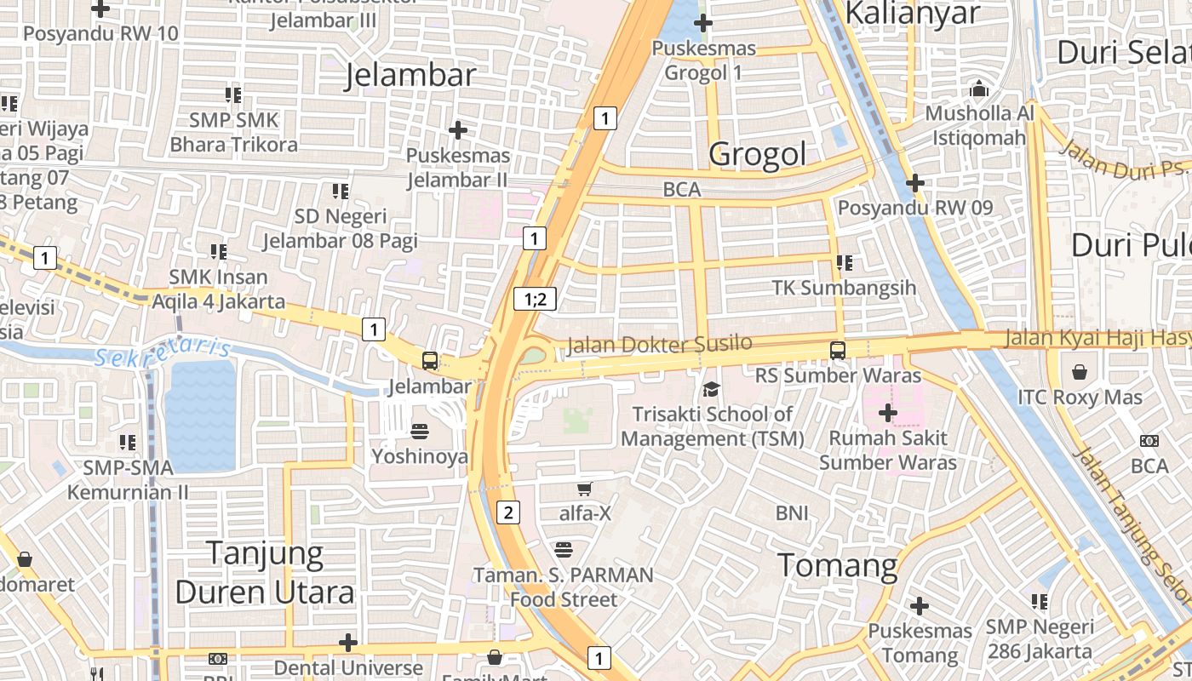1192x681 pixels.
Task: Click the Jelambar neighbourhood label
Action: (410, 75)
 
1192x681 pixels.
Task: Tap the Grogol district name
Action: (757, 154)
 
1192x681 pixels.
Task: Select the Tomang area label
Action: (838, 565)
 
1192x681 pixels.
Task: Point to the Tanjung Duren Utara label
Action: (265, 573)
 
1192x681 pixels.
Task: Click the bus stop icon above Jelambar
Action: (430, 360)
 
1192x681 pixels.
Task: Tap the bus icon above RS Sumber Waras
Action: (838, 350)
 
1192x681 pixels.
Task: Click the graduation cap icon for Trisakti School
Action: (710, 389)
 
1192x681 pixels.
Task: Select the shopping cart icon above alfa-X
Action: (584, 489)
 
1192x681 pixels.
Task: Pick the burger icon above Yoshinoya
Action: (420, 431)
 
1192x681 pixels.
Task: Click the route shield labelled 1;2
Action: (535, 299)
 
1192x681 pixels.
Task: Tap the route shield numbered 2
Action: (508, 512)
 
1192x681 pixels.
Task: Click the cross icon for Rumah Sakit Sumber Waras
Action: (887, 414)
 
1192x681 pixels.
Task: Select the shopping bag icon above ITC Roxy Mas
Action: (1080, 372)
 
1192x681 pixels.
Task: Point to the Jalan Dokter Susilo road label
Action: (660, 344)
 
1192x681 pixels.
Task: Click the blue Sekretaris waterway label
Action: (163, 352)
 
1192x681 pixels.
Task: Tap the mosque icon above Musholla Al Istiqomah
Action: (979, 89)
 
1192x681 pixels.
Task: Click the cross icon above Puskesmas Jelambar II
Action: (458, 130)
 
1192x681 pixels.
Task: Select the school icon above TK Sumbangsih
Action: (845, 262)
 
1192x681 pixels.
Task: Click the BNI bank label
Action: (792, 512)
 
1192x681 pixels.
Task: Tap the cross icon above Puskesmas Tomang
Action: (919, 606)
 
